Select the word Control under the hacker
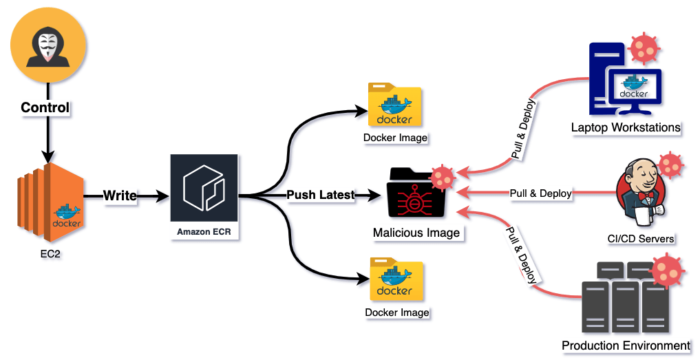pos(45,107)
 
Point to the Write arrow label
pos(120,196)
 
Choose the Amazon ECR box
pos(204,197)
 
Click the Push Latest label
pos(320,195)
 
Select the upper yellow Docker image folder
pos(394,105)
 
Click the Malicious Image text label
pos(416,233)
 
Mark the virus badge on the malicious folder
pos(441,178)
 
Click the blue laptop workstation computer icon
pos(623,81)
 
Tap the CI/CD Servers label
pos(641,239)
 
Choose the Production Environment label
pos(626,346)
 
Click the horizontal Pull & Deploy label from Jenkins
pos(540,193)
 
